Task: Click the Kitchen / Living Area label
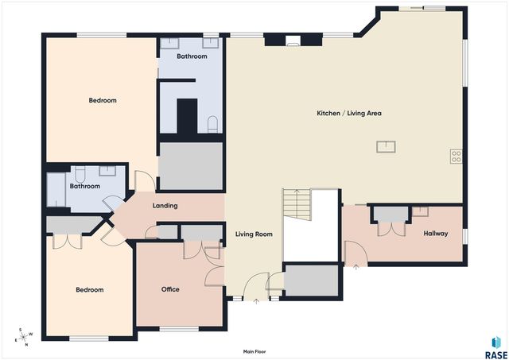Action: [349, 113]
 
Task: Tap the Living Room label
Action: [254, 234]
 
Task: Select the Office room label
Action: [170, 289]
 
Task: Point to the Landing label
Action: [165, 206]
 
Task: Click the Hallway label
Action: [436, 233]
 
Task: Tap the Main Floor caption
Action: [254, 351]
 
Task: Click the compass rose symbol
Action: [24, 337]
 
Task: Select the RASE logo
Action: [496, 347]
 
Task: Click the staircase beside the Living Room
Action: [297, 203]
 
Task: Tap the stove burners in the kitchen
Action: [456, 157]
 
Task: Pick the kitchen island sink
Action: [386, 146]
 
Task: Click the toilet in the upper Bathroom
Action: [212, 124]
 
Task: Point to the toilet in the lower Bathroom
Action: [80, 174]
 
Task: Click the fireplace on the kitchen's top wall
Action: [293, 41]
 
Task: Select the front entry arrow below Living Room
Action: [256, 301]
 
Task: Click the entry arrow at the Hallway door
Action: [356, 267]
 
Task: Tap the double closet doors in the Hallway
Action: [391, 229]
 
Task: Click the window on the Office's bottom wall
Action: [179, 329]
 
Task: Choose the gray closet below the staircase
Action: [312, 281]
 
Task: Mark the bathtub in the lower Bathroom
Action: [56, 190]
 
